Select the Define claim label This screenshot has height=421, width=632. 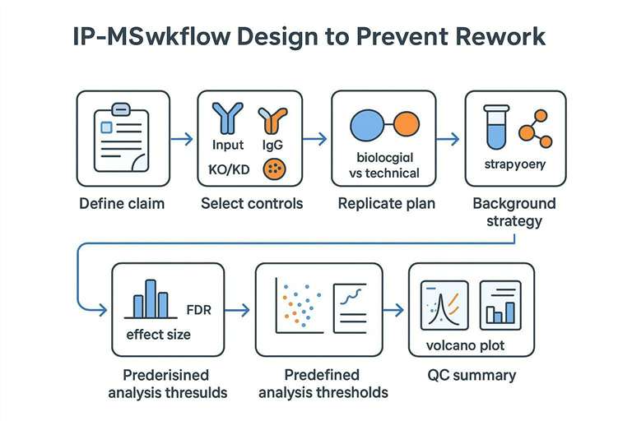tap(122, 203)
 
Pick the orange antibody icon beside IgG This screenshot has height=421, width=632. tap(272, 121)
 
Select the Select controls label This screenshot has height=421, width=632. tap(252, 203)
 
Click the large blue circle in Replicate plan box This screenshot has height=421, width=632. tap(368, 124)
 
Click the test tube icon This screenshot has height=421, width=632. tap(495, 123)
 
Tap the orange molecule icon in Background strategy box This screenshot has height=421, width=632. tap(536, 124)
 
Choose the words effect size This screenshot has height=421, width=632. tap(159, 334)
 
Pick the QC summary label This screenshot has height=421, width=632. tap(472, 376)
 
